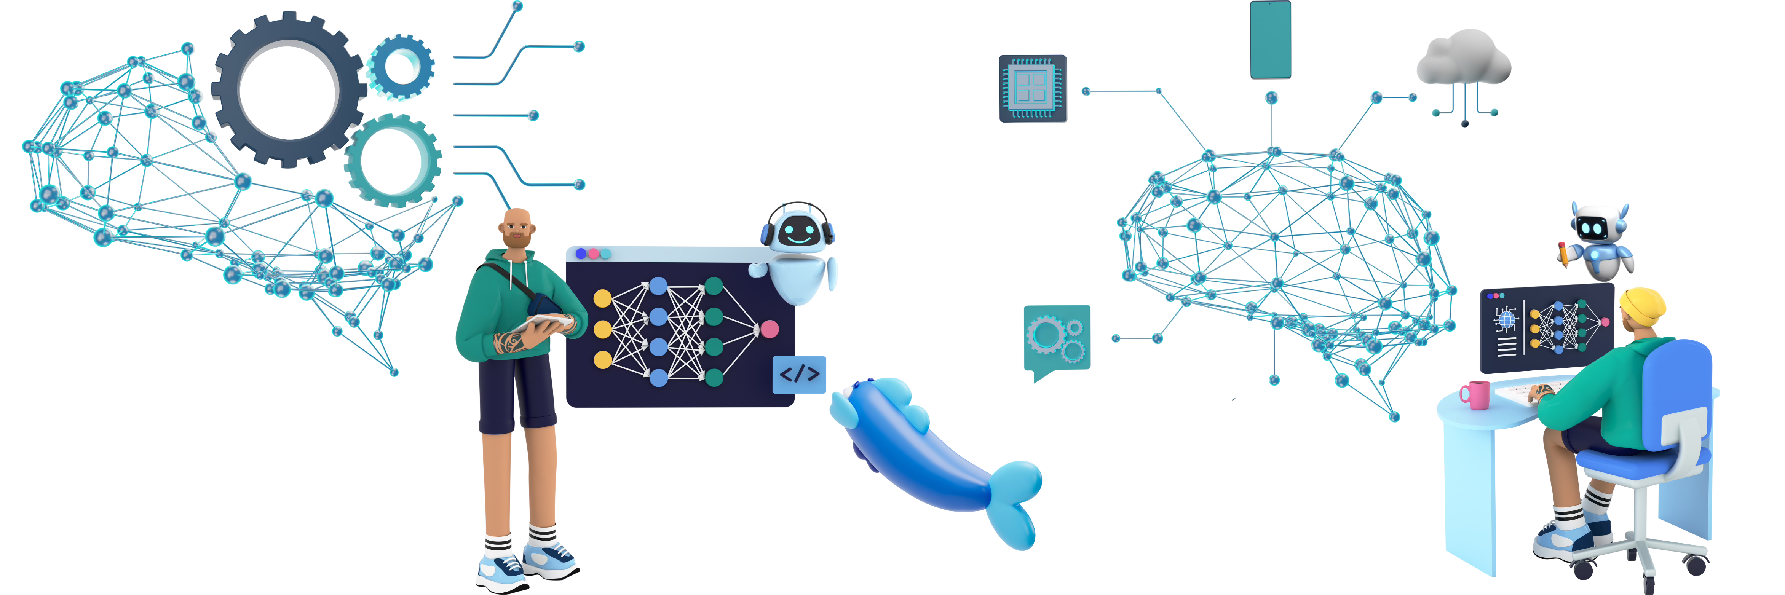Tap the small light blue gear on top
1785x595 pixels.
[400, 67]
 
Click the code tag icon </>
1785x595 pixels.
[799, 375]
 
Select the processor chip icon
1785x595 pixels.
[1033, 89]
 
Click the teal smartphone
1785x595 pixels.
[1270, 40]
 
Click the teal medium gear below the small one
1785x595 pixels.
[392, 161]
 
